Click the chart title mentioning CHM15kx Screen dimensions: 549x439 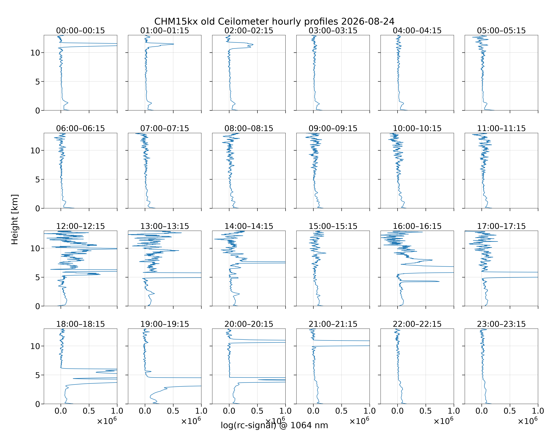click(x=274, y=21)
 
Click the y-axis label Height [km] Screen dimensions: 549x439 click(x=15, y=219)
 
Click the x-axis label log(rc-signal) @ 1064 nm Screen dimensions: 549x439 click(x=274, y=425)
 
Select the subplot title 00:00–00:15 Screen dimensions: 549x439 click(x=81, y=31)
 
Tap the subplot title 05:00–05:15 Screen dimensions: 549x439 click(x=501, y=31)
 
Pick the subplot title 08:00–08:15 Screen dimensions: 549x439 click(x=249, y=128)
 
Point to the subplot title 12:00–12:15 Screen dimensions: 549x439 click(x=81, y=226)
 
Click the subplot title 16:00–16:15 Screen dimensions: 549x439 click(x=417, y=226)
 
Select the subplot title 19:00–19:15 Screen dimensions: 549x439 click(x=165, y=324)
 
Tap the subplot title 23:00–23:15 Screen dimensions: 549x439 click(x=501, y=324)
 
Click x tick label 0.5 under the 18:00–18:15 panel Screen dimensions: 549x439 click(x=89, y=411)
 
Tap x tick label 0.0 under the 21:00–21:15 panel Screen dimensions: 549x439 click(x=313, y=411)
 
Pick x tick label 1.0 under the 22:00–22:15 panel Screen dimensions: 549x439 click(x=454, y=411)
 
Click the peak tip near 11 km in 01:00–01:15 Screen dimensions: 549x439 click(x=174, y=44)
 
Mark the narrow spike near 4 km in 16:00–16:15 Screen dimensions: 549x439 click(x=439, y=281)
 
